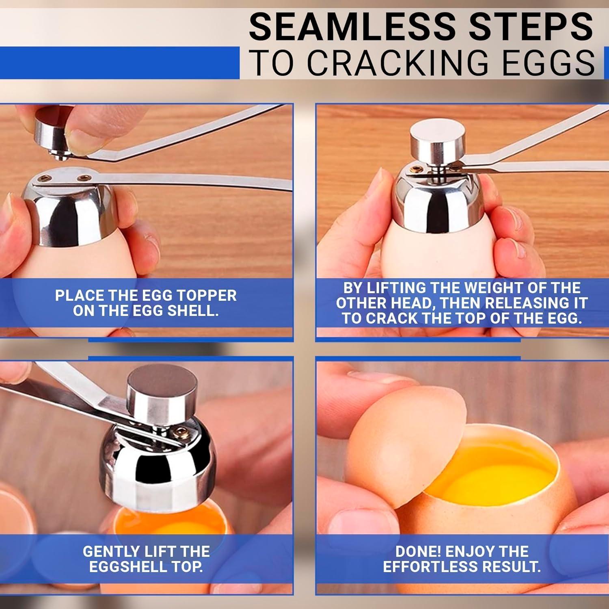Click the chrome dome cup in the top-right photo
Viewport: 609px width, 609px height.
[x=438, y=203]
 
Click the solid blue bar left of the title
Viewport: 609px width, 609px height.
[x=118, y=63]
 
